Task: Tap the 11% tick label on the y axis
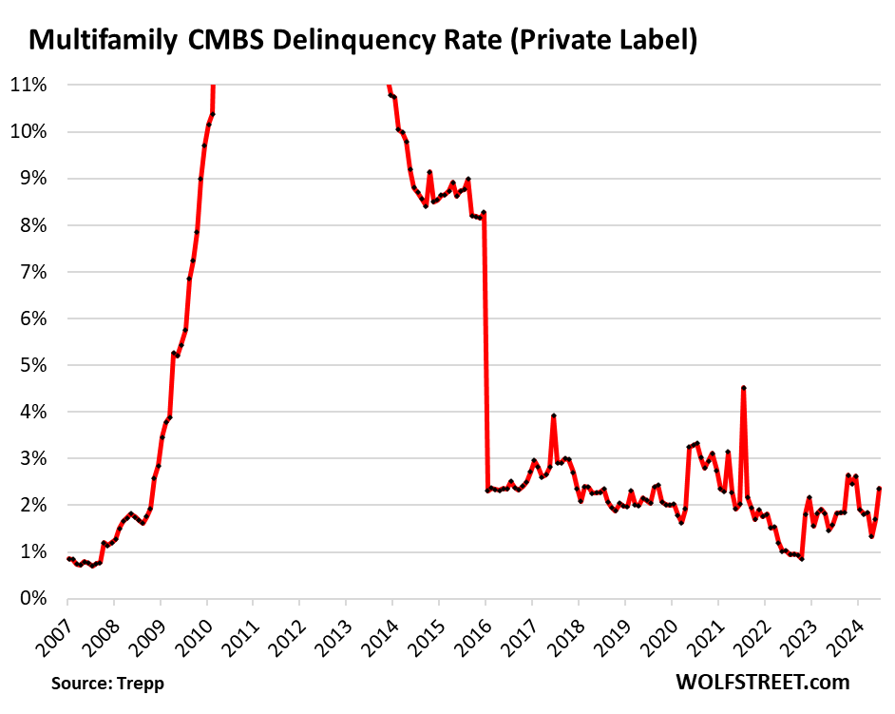(x=29, y=85)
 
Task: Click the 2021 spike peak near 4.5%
(x=743, y=388)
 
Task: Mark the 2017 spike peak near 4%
(x=553, y=415)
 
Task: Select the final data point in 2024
(x=880, y=489)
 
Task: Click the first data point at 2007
(x=68, y=558)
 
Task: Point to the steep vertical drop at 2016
(x=486, y=352)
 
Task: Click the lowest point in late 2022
(x=802, y=558)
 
